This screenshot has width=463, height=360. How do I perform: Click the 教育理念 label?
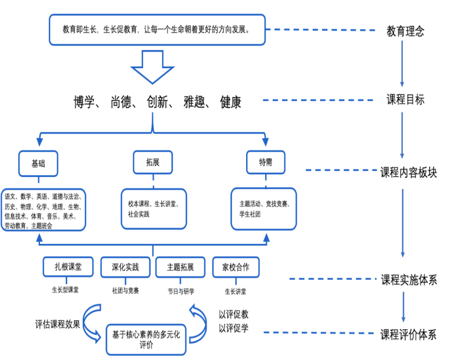tap(405, 31)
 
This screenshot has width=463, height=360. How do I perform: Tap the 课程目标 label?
tap(405, 100)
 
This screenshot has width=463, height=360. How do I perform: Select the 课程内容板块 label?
tap(408, 172)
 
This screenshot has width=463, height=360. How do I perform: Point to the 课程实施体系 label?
tap(408, 279)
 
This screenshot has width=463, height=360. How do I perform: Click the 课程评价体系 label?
tap(408, 335)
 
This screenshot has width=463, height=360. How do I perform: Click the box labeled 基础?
tap(38, 163)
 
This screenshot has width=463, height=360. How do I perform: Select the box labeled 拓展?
tap(153, 162)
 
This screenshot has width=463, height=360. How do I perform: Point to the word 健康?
tap(230, 102)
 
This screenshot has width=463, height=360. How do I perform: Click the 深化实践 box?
tap(125, 267)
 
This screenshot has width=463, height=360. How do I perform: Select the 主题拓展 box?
tap(180, 267)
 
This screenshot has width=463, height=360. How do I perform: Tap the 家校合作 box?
tap(235, 267)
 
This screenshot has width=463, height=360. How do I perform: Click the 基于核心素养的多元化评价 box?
tap(146, 339)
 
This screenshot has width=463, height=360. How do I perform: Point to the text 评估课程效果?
tap(58, 324)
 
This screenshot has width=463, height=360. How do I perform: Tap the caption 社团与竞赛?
tap(125, 290)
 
